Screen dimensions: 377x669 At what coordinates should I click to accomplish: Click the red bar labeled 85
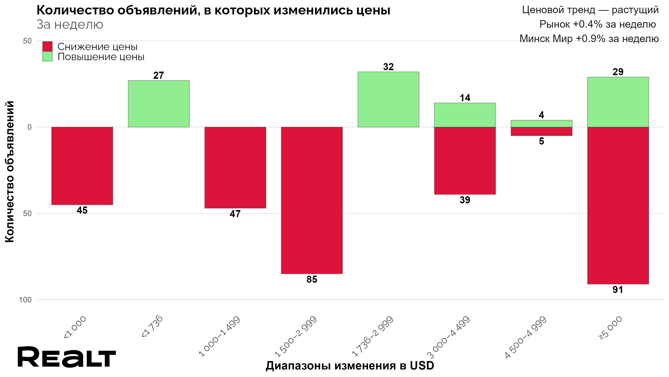click(312, 200)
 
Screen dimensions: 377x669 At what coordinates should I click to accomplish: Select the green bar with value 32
click(388, 99)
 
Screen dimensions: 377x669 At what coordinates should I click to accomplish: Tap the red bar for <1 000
click(82, 166)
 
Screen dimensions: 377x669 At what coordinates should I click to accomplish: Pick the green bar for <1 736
click(159, 103)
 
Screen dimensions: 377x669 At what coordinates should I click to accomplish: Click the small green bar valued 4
click(541, 124)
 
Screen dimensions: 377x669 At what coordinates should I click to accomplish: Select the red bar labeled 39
click(465, 160)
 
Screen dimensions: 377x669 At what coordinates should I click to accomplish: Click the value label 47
click(235, 214)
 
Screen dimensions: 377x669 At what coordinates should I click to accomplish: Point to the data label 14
click(465, 98)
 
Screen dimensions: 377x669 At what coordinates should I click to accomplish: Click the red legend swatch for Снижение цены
click(47, 46)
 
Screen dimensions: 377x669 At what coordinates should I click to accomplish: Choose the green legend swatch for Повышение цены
click(47, 57)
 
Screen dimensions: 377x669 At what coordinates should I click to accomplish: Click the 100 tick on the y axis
click(25, 300)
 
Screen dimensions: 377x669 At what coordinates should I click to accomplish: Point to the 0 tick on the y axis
click(29, 127)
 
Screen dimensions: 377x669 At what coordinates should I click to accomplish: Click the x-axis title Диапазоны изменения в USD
click(350, 365)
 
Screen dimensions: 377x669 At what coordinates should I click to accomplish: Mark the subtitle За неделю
click(70, 25)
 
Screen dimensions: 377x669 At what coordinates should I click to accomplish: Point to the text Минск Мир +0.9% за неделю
click(589, 39)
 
